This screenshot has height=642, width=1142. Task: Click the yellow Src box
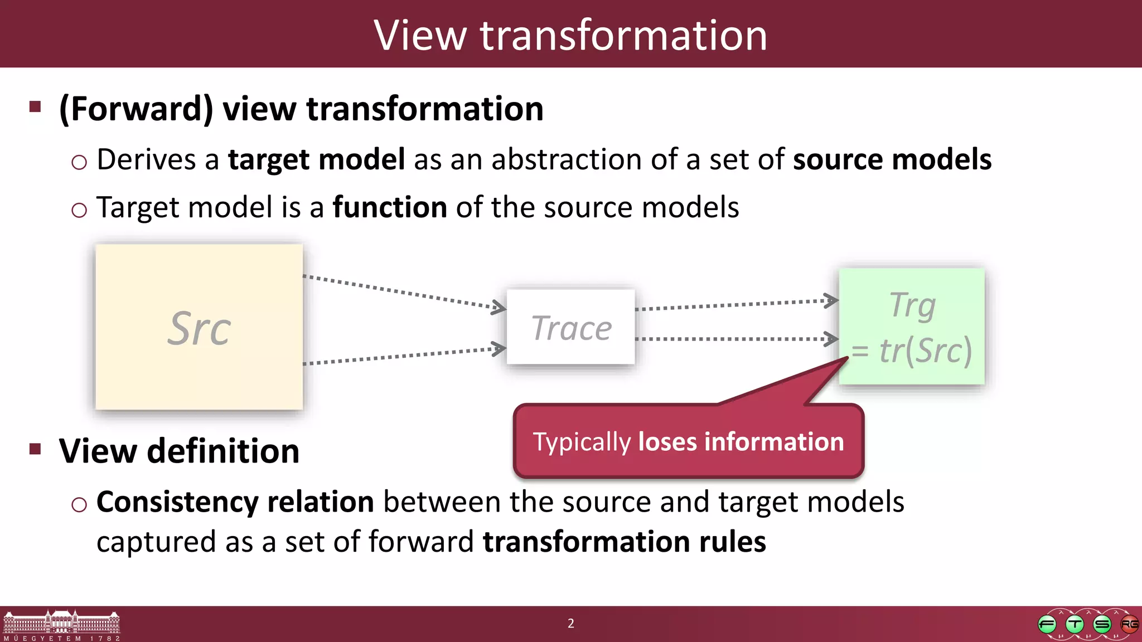click(x=199, y=327)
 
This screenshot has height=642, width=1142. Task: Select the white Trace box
click(x=570, y=327)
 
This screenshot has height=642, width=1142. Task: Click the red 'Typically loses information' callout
click(x=688, y=441)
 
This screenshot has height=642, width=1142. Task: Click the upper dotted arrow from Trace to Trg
click(x=736, y=304)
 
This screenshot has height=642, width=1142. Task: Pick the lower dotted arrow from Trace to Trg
click(x=736, y=339)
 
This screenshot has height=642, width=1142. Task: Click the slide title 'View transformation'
click(x=570, y=35)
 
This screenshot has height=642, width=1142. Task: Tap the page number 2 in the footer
click(x=570, y=623)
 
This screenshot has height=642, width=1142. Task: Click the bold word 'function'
click(x=390, y=207)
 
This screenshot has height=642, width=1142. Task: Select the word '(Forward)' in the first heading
click(x=137, y=109)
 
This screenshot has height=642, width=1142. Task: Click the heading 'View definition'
click(x=179, y=450)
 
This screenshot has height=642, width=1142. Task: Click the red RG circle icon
click(x=1129, y=624)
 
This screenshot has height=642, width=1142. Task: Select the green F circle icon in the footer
click(x=1047, y=624)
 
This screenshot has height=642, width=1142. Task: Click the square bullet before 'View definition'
click(x=36, y=449)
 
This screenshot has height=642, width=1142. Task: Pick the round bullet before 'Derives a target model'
click(x=79, y=162)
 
